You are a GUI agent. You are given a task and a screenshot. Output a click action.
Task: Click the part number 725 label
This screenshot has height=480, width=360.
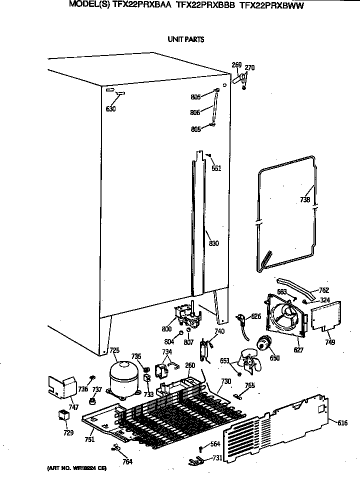[114, 350]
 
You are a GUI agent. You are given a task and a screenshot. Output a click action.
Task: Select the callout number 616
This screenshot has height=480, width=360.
[342, 423]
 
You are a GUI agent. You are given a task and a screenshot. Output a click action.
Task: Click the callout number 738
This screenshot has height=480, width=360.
[304, 200]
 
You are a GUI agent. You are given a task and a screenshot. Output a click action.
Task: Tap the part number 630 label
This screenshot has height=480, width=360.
[111, 109]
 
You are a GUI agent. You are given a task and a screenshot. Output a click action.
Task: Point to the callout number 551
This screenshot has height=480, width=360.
[216, 168]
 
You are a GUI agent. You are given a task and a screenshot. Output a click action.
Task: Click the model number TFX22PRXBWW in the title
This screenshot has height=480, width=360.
[272, 6]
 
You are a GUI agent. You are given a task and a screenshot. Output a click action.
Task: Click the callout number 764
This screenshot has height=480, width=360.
[127, 461]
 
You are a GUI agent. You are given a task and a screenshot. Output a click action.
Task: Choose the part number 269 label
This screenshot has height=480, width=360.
[236, 65]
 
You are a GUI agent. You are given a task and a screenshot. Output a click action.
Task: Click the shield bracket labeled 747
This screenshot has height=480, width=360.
[62, 386]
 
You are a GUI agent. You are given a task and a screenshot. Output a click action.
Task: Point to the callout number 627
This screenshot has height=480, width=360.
[298, 350]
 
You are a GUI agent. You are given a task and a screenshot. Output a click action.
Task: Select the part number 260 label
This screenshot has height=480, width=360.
[190, 365]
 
